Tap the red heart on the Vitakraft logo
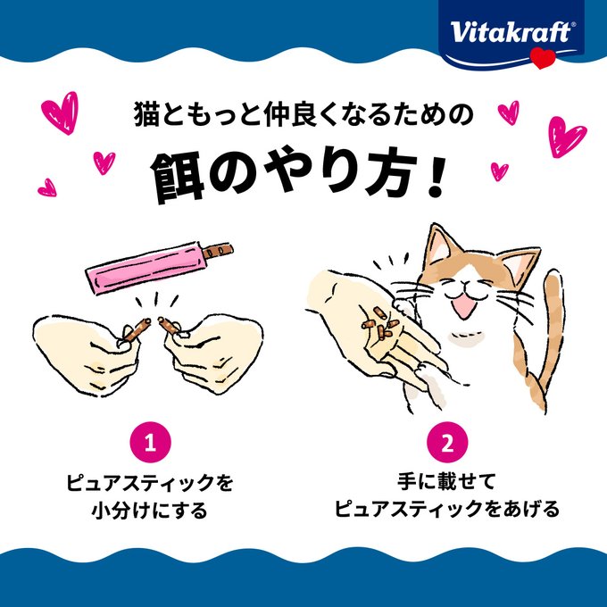tap(543, 59)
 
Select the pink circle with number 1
tap(150, 442)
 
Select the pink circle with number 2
tap(447, 442)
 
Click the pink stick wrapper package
tap(145, 267)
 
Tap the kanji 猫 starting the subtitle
tap(146, 114)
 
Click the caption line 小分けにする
tap(149, 510)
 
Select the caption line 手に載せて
tap(446, 481)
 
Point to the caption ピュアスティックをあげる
tap(446, 509)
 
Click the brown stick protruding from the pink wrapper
tap(217, 251)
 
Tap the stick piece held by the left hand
tap(136, 330)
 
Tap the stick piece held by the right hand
tap(169, 325)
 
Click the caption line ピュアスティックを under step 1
tap(149, 482)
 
